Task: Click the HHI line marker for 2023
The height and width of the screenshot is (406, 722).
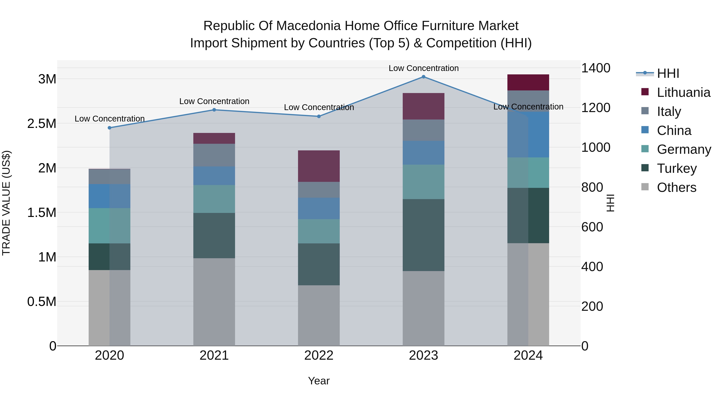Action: pyautogui.click(x=424, y=77)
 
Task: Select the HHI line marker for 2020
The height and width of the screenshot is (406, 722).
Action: pyautogui.click(x=110, y=128)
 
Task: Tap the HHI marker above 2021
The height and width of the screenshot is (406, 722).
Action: pyautogui.click(x=214, y=110)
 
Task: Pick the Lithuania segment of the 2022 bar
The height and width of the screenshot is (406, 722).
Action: pyautogui.click(x=319, y=166)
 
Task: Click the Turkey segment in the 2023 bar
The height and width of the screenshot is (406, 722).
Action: pyautogui.click(x=424, y=235)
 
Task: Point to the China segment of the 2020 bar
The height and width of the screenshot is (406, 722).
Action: pyautogui.click(x=110, y=196)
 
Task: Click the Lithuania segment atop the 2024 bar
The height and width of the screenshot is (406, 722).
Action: pyautogui.click(x=528, y=82)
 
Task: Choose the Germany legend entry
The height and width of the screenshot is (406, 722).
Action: pyautogui.click(x=684, y=149)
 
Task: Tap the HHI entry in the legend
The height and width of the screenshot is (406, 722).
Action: pyautogui.click(x=668, y=73)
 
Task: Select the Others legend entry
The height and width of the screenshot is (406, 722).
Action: pyautogui.click(x=676, y=187)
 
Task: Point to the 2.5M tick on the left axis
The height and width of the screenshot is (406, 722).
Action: pyautogui.click(x=42, y=124)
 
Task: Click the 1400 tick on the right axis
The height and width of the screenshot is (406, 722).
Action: pyautogui.click(x=596, y=68)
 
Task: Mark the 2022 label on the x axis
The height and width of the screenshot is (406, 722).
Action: pyautogui.click(x=319, y=355)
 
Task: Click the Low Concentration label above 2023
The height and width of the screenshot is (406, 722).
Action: pyautogui.click(x=424, y=68)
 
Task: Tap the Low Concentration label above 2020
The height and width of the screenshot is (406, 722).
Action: pyautogui.click(x=110, y=119)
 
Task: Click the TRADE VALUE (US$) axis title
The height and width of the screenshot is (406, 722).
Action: pyautogui.click(x=6, y=203)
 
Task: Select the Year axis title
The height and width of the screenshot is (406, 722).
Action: pyautogui.click(x=319, y=381)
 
